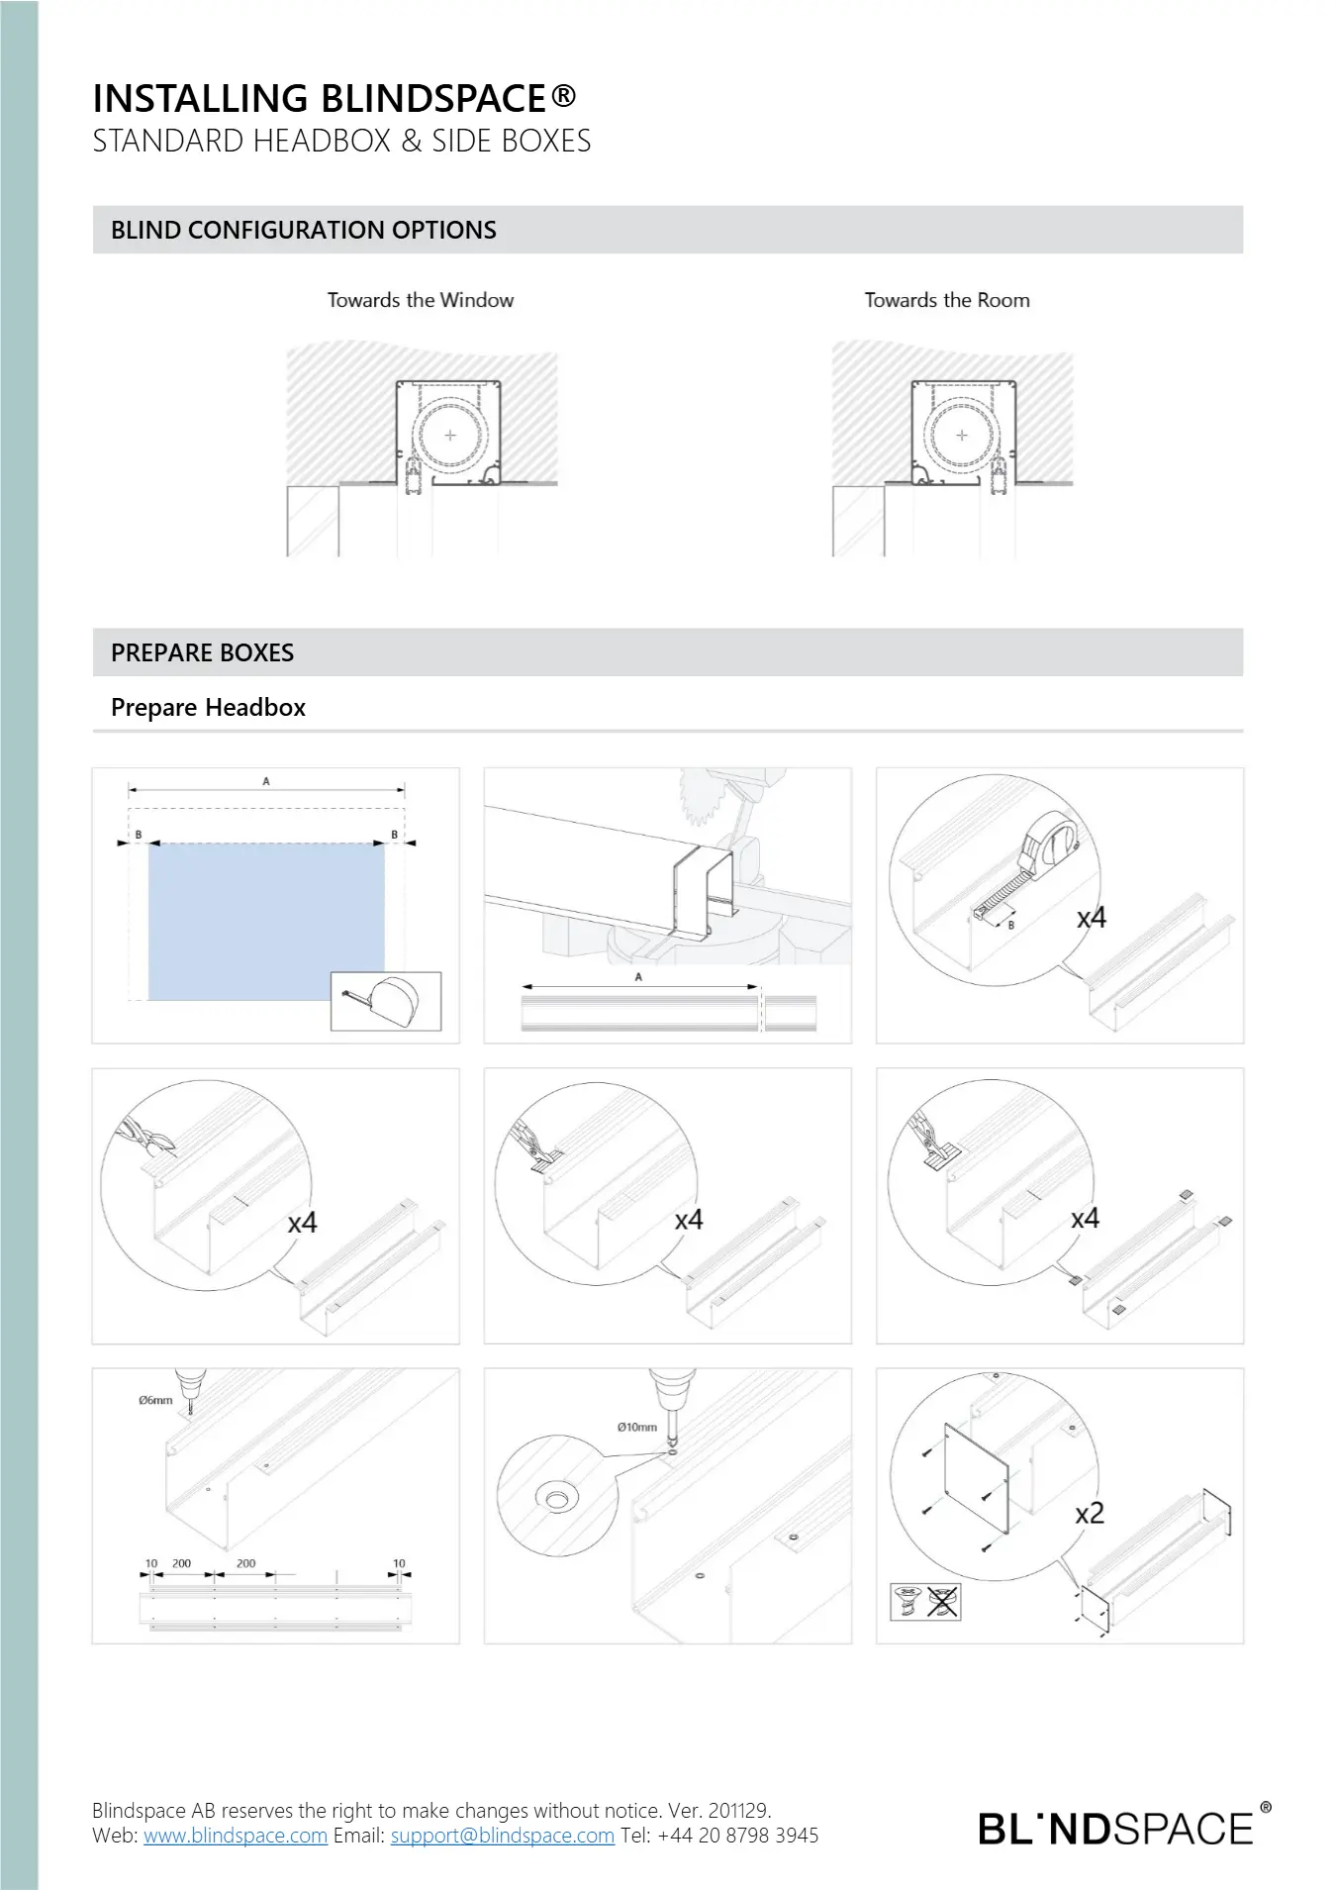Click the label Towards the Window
pos(421,300)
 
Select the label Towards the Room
pos(947,300)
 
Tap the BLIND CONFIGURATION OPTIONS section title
pos(304,231)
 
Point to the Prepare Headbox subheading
pos(208,708)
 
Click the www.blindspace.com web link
pos(236,1836)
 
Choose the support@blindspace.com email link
pos(503,1836)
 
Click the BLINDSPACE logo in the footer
pos(1116,1828)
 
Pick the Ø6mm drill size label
pos(155,1401)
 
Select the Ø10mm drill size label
pos(636,1427)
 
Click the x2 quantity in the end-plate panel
pos(1089,1514)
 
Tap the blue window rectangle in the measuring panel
pos(266,921)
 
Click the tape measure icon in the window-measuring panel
pos(386,1002)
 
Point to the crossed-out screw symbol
pos(944,1601)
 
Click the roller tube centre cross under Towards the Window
pos(450,435)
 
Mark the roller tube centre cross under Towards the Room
pos(961,435)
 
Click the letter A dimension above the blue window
pos(266,781)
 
